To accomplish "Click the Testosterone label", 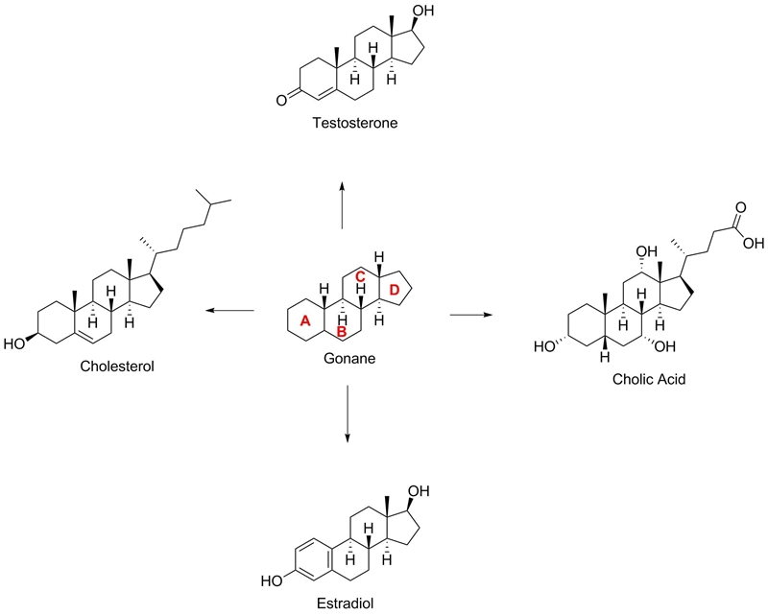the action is click(355, 123).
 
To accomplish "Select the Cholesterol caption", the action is click(117, 366).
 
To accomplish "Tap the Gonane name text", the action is click(349, 359).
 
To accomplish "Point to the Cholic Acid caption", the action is click(649, 379).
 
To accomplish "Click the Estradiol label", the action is click(346, 603).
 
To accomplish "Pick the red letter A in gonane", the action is click(305, 321).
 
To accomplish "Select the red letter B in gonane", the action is click(342, 332).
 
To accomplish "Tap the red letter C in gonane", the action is click(360, 276).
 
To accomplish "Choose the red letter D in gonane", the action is click(395, 291).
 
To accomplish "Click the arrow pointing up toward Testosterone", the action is click(342, 204).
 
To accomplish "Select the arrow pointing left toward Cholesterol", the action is click(229, 311).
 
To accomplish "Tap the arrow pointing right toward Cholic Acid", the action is click(470, 315).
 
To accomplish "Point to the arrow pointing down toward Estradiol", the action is click(348, 414).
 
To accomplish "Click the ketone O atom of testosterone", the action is click(281, 101).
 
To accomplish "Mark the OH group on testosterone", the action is click(423, 10).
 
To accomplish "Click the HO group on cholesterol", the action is click(14, 344).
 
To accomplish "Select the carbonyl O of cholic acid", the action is click(740, 207).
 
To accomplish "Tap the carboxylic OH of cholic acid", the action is click(754, 243).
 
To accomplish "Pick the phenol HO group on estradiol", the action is click(272, 581).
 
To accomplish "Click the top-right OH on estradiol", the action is click(419, 490).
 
